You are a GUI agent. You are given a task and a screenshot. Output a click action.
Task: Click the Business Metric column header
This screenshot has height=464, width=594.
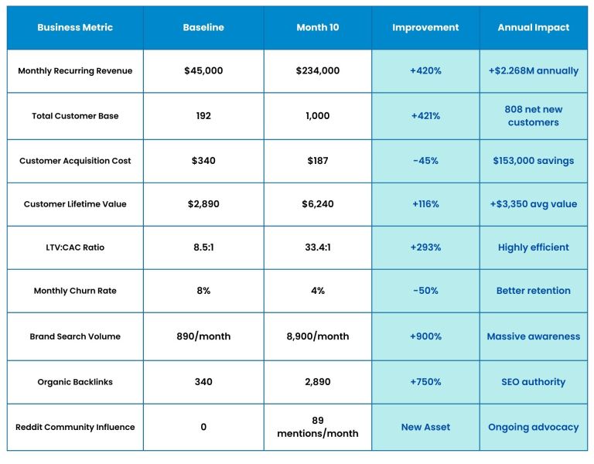click(x=75, y=27)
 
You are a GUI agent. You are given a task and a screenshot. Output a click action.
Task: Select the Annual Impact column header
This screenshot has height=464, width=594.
click(x=533, y=27)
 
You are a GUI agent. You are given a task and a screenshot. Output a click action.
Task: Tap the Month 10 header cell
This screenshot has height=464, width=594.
click(x=317, y=27)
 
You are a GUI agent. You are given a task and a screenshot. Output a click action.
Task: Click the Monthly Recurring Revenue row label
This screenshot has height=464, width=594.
click(x=75, y=71)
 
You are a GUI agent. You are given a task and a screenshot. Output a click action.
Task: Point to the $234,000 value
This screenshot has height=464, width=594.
click(x=317, y=71)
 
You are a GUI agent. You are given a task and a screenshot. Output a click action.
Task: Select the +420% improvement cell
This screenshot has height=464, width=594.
click(x=425, y=71)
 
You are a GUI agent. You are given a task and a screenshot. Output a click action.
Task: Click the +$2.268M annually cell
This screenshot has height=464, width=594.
click(x=533, y=71)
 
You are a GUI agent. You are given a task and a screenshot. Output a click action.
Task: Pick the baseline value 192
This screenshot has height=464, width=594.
click(x=203, y=116)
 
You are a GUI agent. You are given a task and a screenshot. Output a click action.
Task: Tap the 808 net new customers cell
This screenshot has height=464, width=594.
click(x=533, y=116)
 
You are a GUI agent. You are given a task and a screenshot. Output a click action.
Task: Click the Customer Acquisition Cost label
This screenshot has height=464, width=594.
click(x=75, y=161)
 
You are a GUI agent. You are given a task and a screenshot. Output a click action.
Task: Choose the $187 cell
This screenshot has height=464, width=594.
click(x=317, y=161)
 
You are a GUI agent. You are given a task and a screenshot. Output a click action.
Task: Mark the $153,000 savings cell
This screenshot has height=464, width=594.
click(x=533, y=161)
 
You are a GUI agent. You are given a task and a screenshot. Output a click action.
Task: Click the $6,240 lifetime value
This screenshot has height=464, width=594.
click(x=317, y=204)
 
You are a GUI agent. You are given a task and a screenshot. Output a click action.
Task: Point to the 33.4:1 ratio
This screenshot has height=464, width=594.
click(x=317, y=247)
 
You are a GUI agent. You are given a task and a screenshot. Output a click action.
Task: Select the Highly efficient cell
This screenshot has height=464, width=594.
click(x=533, y=247)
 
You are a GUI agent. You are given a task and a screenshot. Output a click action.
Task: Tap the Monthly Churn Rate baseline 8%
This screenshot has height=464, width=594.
click(x=203, y=291)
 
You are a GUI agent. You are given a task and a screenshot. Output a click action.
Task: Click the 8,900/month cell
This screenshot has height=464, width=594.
click(x=317, y=336)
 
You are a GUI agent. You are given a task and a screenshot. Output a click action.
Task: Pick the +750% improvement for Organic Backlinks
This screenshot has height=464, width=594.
click(x=425, y=382)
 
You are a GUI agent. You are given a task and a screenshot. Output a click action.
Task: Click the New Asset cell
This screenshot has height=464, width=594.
click(x=425, y=427)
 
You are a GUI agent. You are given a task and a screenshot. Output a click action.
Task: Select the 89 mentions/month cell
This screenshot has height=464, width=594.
click(x=317, y=427)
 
